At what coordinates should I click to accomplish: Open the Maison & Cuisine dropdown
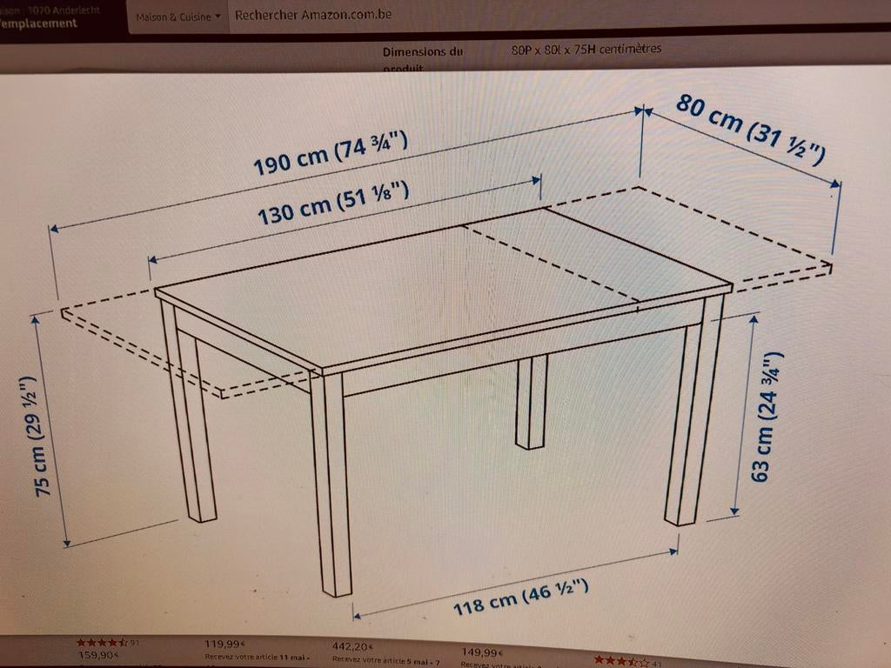pos(178,17)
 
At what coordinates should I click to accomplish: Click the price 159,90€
pos(98,655)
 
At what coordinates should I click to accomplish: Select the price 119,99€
pos(224,645)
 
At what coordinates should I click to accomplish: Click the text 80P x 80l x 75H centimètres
pos(586,49)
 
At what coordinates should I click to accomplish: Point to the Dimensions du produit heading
pos(422,52)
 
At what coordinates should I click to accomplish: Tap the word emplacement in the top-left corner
pos(39,23)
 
